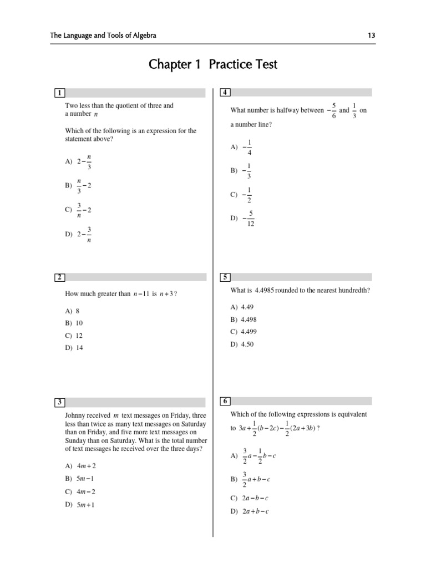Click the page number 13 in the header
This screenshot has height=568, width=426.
point(372,35)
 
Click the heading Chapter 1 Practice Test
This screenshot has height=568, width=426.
point(213,65)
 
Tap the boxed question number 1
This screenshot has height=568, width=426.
point(59,93)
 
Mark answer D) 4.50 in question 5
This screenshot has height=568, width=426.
point(242,344)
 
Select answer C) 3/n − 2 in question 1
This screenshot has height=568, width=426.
point(78,210)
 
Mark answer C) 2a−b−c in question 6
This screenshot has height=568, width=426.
point(250,498)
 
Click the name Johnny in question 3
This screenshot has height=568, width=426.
point(75,415)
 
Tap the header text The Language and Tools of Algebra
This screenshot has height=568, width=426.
point(103,35)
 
